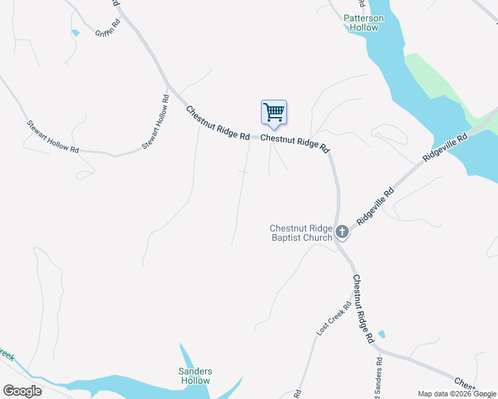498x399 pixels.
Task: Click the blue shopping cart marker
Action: [274, 113]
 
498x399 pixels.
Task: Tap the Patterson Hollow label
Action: [364, 23]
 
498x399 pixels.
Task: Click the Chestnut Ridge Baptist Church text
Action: [300, 233]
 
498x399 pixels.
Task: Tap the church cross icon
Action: [342, 232]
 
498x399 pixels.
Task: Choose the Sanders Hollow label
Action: [195, 376]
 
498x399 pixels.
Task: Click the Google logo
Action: [23, 391]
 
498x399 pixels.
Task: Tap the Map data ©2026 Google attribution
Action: [457, 394]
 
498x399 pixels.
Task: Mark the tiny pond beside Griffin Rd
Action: [75, 33]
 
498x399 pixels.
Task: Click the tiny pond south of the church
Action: [381, 334]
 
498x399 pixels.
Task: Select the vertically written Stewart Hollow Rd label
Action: [154, 122]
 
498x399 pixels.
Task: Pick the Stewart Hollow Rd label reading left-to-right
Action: [53, 136]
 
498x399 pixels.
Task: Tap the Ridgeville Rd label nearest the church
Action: [375, 205]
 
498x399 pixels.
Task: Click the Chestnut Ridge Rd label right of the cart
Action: [295, 142]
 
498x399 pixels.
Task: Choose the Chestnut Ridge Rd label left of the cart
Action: [217, 123]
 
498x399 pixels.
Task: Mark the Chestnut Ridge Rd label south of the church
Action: [363, 309]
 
